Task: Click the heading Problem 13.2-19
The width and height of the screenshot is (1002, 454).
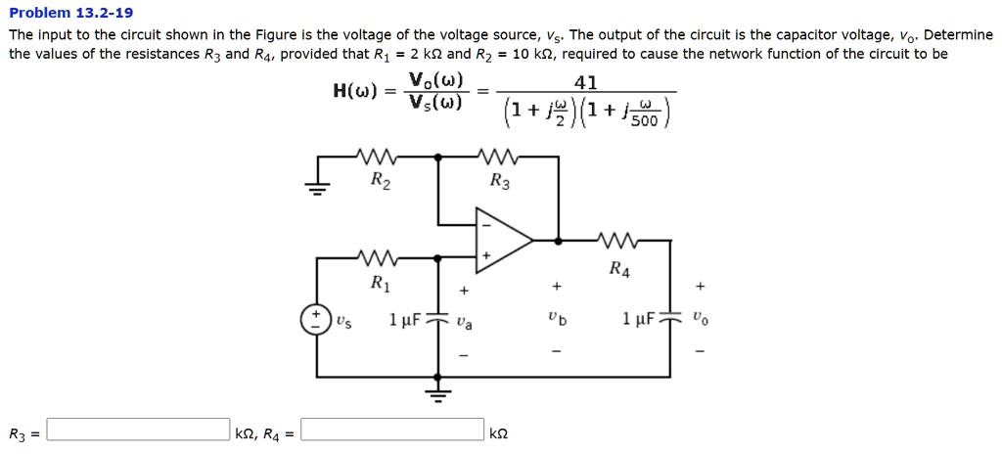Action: click(x=70, y=13)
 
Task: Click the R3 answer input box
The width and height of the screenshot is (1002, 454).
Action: click(x=138, y=430)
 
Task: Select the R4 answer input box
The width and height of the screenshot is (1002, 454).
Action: click(x=392, y=430)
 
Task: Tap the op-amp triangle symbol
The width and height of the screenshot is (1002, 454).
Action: click(x=502, y=238)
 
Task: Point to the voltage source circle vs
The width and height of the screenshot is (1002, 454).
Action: click(x=316, y=320)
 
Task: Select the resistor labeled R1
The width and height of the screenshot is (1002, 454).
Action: click(x=378, y=258)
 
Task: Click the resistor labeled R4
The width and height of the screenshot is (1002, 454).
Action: click(x=619, y=239)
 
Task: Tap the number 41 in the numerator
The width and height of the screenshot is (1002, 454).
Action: click(x=588, y=83)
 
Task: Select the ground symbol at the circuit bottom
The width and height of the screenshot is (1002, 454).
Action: click(x=438, y=393)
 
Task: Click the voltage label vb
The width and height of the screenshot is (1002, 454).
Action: click(x=557, y=319)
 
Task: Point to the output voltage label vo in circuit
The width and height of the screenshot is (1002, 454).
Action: click(x=699, y=319)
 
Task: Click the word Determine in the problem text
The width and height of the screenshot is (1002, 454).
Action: click(x=958, y=34)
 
